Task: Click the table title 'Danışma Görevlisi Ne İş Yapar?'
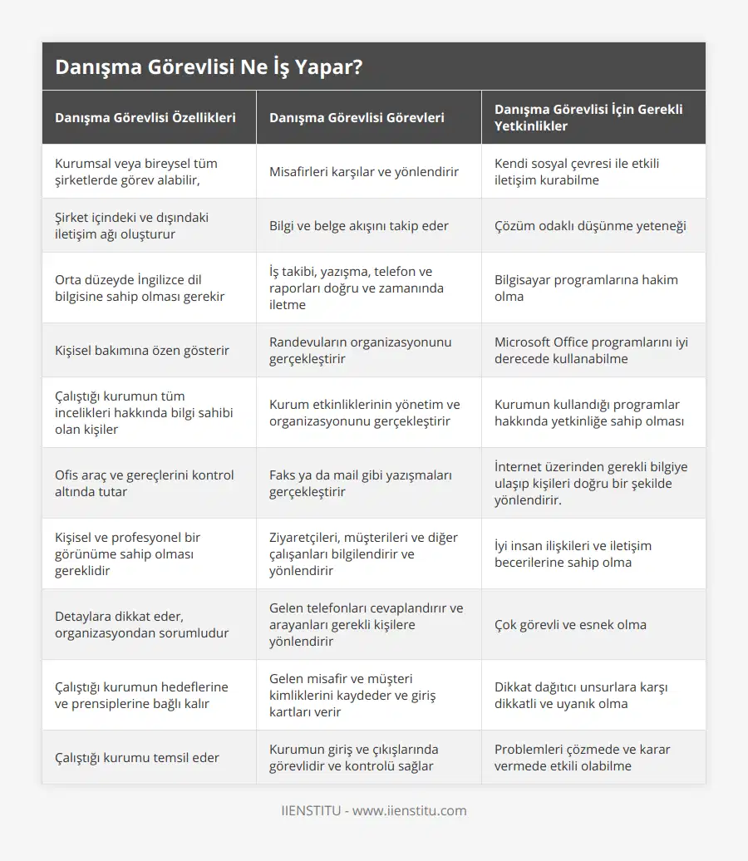click(x=209, y=67)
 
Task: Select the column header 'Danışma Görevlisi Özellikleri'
click(x=145, y=117)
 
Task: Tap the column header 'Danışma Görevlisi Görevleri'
click(x=357, y=117)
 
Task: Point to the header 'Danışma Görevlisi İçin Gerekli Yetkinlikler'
click(x=588, y=117)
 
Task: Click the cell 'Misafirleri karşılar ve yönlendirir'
click(x=364, y=172)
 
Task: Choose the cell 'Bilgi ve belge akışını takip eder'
click(x=359, y=225)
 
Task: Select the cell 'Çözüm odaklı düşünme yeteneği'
click(x=590, y=225)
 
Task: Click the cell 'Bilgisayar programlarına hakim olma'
click(x=586, y=288)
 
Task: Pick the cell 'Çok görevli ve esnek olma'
click(x=570, y=624)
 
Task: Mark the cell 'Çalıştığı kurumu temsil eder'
click(x=138, y=757)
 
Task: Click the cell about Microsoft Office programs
click(x=591, y=350)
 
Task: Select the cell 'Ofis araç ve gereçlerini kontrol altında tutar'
click(x=145, y=483)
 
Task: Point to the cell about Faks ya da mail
click(x=361, y=483)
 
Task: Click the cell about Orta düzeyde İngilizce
click(x=133, y=288)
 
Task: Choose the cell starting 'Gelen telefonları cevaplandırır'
click(x=366, y=624)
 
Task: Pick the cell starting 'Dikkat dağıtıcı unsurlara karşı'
click(x=581, y=695)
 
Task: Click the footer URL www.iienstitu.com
click(x=410, y=810)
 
